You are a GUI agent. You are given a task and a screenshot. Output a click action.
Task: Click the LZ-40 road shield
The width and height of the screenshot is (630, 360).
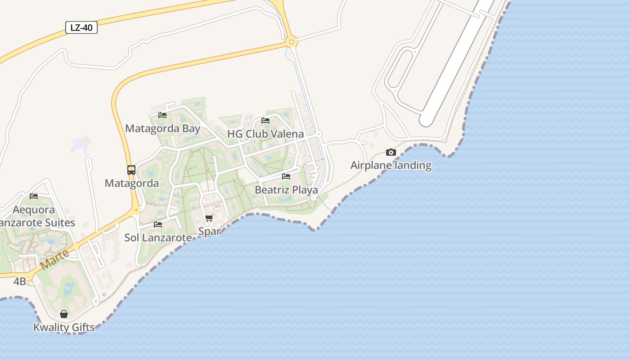coord(81,27)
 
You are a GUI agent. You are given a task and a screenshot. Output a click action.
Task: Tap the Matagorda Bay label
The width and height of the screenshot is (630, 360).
coord(162,129)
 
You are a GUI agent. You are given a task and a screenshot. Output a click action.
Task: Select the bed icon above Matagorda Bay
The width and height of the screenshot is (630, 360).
coord(162,115)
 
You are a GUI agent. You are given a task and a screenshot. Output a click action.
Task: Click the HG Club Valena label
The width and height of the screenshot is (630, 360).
coord(265,134)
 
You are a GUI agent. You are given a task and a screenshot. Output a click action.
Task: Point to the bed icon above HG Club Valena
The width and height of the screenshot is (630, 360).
coord(265,121)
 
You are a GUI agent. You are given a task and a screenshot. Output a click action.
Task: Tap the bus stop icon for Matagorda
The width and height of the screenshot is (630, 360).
coord(131,170)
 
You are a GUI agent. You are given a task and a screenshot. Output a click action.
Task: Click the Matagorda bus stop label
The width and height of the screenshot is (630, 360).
coord(131,183)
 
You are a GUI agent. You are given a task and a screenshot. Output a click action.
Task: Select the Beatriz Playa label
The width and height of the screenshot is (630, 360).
coord(286,190)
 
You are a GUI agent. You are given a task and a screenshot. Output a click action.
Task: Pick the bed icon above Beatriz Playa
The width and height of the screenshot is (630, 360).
coord(286,176)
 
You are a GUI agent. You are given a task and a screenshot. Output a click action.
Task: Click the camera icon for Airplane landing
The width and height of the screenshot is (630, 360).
coord(391,153)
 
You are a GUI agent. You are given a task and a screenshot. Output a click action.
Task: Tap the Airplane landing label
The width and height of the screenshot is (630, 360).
coord(391,166)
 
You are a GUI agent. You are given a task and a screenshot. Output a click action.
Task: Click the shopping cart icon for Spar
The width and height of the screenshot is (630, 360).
coord(209,218)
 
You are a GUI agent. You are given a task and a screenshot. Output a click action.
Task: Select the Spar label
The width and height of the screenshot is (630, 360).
coord(209,231)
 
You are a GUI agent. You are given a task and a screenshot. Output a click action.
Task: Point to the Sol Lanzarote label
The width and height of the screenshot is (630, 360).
coord(155,238)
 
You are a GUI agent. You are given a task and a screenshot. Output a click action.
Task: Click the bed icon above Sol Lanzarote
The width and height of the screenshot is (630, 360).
coord(158,224)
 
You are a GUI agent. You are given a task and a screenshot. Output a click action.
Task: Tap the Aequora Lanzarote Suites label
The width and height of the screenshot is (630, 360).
coord(36,216)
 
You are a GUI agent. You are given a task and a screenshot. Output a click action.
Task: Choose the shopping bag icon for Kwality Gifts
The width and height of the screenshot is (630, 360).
coord(64,314)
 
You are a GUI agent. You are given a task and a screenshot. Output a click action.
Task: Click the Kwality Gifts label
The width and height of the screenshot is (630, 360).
coord(64,327)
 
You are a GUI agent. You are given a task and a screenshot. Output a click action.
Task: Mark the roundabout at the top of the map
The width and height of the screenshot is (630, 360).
coord(292,42)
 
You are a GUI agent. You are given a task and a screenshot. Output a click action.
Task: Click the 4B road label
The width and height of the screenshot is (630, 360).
coord(20,282)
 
